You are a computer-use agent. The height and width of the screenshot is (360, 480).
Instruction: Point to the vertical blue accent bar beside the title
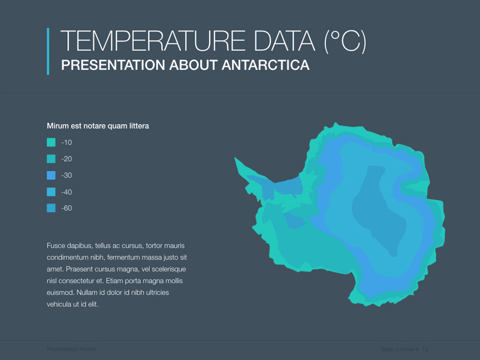click(48, 51)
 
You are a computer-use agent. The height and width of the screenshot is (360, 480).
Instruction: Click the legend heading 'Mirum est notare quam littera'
click(98, 126)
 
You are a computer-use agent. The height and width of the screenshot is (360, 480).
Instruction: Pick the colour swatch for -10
click(51, 142)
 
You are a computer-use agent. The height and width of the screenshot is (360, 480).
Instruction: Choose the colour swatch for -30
click(51, 175)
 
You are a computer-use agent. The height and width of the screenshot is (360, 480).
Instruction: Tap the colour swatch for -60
click(51, 209)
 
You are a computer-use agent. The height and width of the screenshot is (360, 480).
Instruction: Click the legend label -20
click(67, 159)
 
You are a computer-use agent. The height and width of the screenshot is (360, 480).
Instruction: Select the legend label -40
click(67, 192)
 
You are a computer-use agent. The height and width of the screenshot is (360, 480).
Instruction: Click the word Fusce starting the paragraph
click(57, 246)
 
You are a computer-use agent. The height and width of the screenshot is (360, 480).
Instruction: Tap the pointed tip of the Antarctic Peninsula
click(235, 158)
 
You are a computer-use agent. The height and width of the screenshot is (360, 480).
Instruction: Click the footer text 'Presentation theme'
click(71, 349)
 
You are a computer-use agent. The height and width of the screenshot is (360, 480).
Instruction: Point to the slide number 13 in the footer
click(425, 349)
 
